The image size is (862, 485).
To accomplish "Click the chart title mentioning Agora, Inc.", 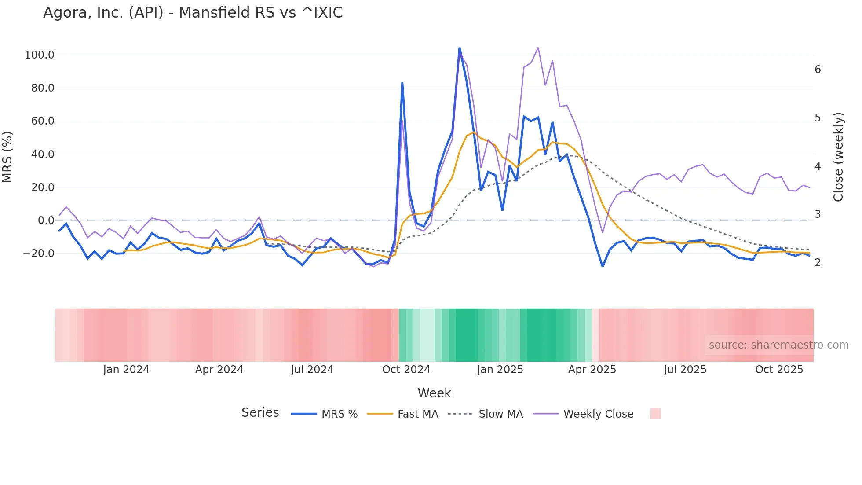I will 193,13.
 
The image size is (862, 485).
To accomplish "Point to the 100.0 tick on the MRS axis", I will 40,55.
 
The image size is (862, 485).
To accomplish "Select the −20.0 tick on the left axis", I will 39,254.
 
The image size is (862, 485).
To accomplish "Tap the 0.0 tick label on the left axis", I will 46,220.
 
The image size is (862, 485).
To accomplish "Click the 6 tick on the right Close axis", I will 818,70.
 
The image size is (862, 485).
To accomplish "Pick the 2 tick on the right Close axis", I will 818,263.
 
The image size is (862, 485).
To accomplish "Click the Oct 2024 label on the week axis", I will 406,370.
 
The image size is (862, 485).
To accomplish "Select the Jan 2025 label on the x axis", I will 500,370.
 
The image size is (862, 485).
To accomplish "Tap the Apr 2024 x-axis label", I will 219,370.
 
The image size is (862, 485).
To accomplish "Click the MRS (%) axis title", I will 7,157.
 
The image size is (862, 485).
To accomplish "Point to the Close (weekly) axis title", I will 838,157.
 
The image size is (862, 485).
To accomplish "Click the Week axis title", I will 434,393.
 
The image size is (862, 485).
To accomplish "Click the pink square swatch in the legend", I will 655,414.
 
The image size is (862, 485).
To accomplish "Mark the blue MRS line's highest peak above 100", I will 460,48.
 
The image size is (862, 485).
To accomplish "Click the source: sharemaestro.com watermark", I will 778,345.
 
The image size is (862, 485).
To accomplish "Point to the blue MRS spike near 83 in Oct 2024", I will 402,83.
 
